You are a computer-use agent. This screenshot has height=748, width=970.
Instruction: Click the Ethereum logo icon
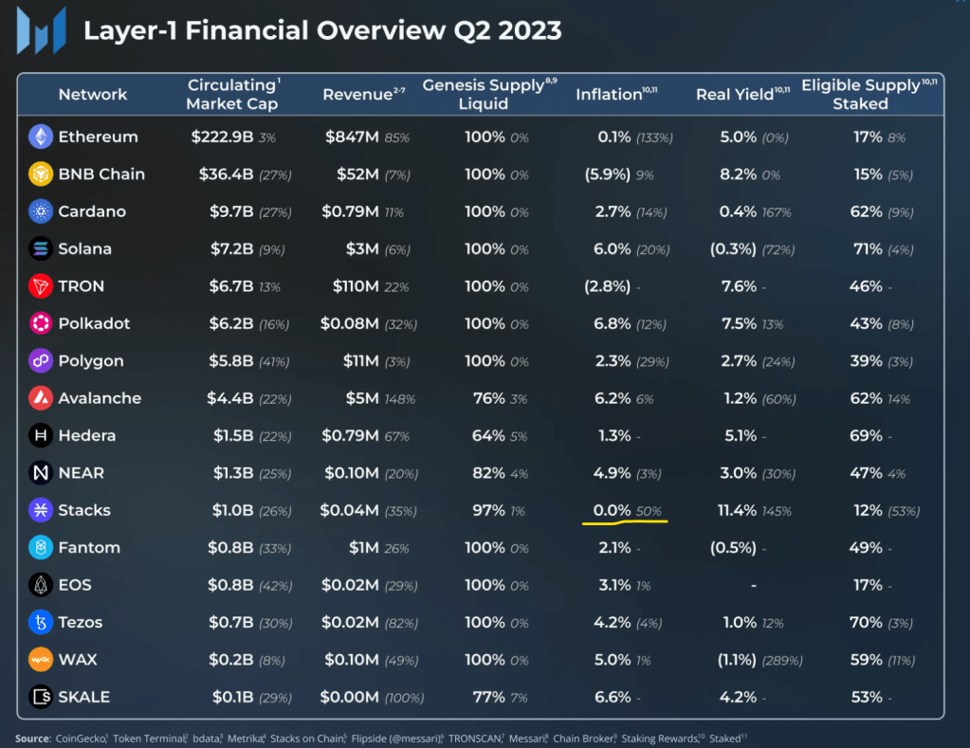point(41,137)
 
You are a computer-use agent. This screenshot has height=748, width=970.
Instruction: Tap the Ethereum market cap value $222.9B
point(222,137)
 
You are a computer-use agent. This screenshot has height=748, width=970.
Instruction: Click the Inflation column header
point(609,94)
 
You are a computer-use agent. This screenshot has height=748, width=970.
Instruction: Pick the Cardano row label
point(92,211)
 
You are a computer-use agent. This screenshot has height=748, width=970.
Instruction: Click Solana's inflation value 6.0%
point(613,248)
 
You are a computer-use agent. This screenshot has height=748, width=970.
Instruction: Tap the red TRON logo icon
point(41,286)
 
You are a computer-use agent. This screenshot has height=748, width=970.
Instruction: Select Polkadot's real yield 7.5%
point(739,323)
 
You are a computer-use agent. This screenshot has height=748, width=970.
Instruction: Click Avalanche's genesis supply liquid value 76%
point(489,398)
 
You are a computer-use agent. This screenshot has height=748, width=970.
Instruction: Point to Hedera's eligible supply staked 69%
point(868,435)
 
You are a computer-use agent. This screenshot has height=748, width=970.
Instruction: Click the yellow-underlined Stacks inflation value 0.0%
point(613,510)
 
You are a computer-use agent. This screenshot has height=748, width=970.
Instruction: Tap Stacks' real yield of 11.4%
point(737,510)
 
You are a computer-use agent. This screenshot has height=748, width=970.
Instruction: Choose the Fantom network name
point(89,547)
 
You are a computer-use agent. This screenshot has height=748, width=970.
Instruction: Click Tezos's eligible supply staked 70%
point(867,622)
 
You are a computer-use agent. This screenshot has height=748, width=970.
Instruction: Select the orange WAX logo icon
point(41,659)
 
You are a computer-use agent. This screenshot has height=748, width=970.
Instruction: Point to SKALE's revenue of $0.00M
point(351,697)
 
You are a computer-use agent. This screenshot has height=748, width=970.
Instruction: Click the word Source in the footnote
point(32,738)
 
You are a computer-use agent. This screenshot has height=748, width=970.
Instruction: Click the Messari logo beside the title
point(41,29)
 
